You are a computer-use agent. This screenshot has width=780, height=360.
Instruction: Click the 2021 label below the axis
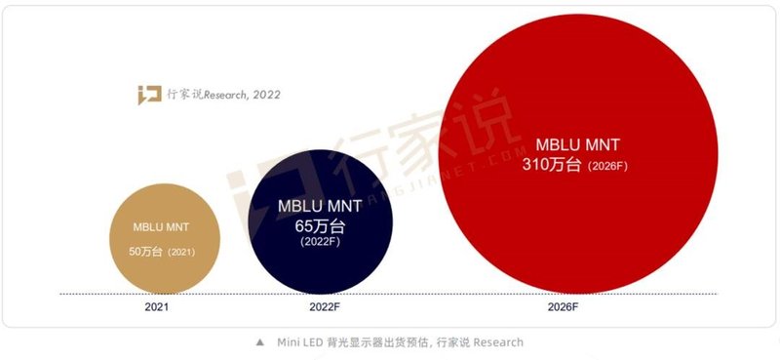[156, 306]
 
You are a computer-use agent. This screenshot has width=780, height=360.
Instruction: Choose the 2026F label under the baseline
[580, 306]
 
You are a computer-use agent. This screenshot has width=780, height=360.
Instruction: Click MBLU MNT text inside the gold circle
[164, 227]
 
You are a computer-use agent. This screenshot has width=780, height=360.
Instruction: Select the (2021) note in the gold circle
[182, 253]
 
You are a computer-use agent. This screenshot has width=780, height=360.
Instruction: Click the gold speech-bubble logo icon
[148, 94]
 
